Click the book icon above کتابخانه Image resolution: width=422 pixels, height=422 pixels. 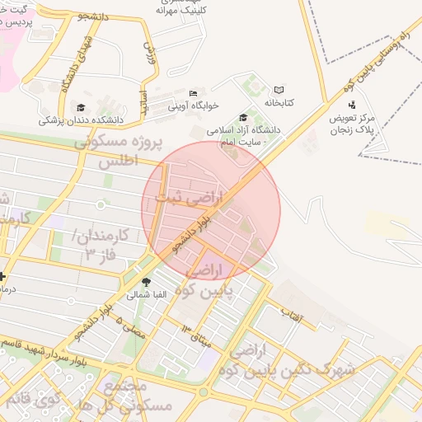click(x=279, y=90)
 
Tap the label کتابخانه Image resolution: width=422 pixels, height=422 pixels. click(x=279, y=102)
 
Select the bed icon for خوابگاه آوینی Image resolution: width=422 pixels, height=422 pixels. click(x=193, y=93)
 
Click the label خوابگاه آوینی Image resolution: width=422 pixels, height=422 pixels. click(x=193, y=105)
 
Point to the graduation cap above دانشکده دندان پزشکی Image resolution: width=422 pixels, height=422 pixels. click(x=80, y=107)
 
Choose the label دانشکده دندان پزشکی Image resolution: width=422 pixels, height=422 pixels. click(x=80, y=120)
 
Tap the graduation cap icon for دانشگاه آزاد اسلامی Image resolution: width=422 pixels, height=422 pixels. click(x=242, y=118)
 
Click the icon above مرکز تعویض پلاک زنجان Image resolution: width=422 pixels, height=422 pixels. click(x=352, y=105)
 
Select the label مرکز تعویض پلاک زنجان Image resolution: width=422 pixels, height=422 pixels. click(x=352, y=124)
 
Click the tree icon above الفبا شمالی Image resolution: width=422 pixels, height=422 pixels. click(x=147, y=281)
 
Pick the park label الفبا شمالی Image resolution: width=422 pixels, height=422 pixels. click(x=147, y=294)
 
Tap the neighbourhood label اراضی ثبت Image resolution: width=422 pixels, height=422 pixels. click(x=195, y=198)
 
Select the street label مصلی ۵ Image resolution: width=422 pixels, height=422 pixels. click(x=131, y=327)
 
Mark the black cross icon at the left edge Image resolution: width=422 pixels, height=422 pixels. click(x=2, y=277)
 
